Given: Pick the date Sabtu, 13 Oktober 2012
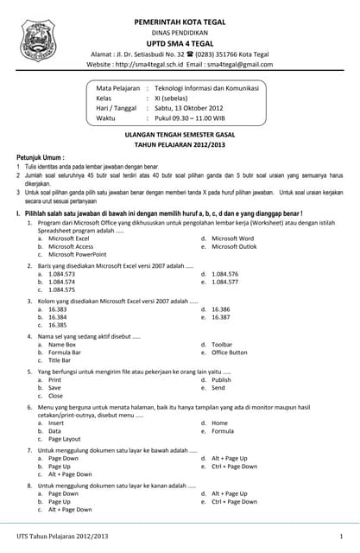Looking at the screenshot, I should pos(194,108).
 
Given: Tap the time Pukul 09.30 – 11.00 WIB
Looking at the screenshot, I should pos(194,118).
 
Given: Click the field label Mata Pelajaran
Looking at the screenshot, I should pos(117,88).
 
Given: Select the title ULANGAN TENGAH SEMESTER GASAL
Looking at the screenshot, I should pos(180,136).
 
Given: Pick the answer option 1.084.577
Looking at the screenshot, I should pos(224,282).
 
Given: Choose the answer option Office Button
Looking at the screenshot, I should pos(229,353).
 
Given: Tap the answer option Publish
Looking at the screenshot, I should pos(221,379).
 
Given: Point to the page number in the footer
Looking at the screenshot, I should pos(342,537).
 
